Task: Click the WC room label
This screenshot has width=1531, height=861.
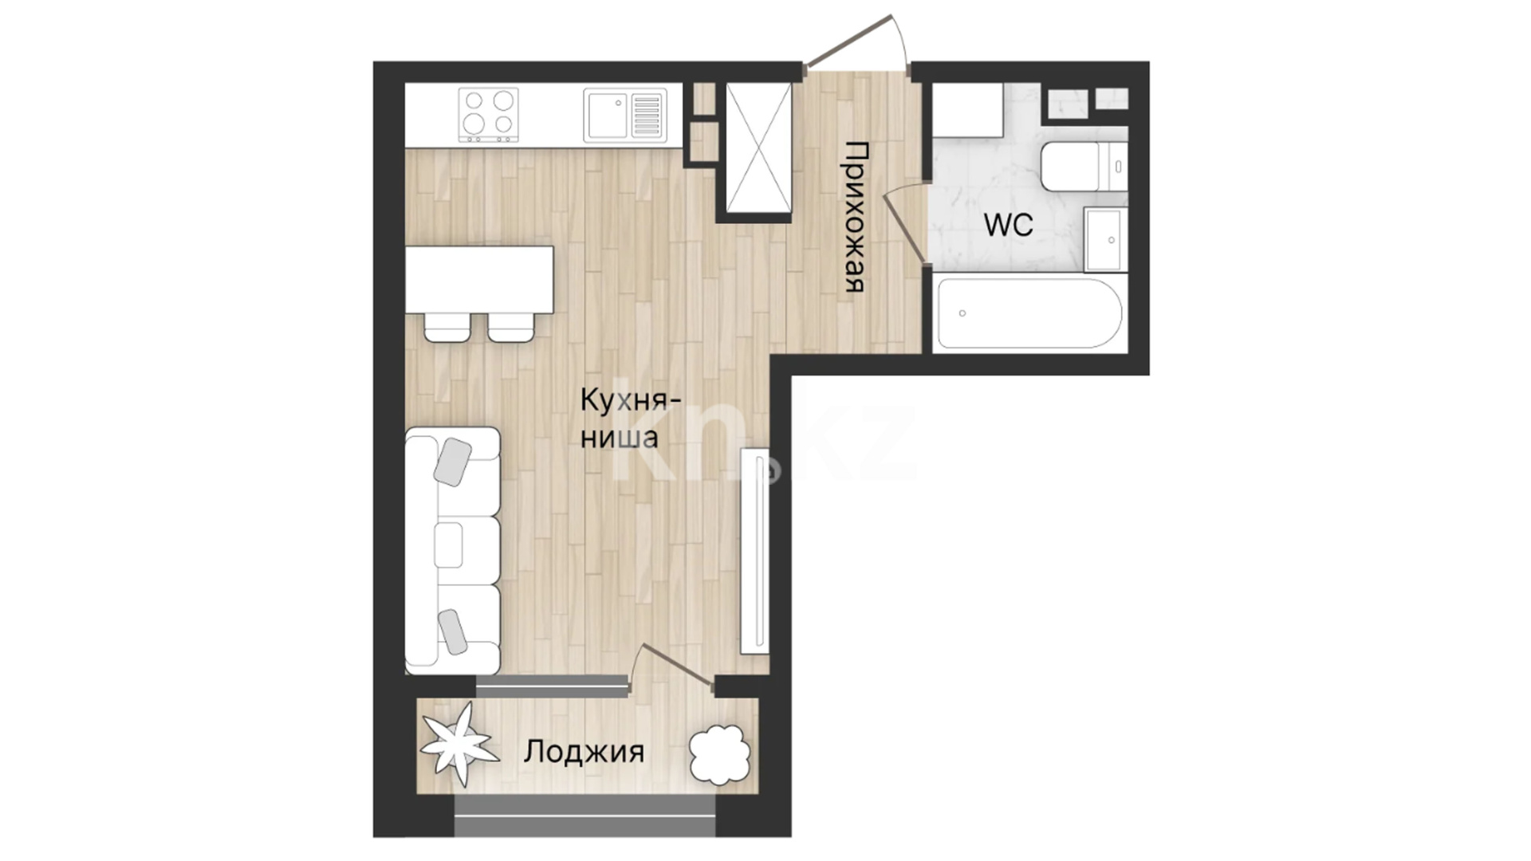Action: (x=1009, y=225)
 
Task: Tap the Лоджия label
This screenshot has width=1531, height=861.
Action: (x=584, y=752)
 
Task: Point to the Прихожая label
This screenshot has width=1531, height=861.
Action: (x=855, y=217)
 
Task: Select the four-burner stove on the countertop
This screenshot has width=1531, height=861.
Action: (x=488, y=115)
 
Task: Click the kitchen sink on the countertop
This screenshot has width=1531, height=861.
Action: (x=624, y=116)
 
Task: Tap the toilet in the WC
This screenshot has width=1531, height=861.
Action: (x=1084, y=167)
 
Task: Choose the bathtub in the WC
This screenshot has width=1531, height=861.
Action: (x=1030, y=313)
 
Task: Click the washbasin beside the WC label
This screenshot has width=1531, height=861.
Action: (x=1104, y=239)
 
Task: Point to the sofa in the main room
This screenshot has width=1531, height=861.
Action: (x=452, y=551)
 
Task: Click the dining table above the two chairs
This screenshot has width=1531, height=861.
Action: (x=479, y=280)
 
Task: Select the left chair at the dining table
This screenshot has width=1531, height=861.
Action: (x=447, y=327)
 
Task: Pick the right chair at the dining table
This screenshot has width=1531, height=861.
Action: (x=511, y=327)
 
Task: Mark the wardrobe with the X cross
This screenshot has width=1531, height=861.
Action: (x=758, y=148)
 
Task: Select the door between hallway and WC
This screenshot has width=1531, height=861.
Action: (x=905, y=225)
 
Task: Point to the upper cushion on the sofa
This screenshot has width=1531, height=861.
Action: (x=452, y=462)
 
